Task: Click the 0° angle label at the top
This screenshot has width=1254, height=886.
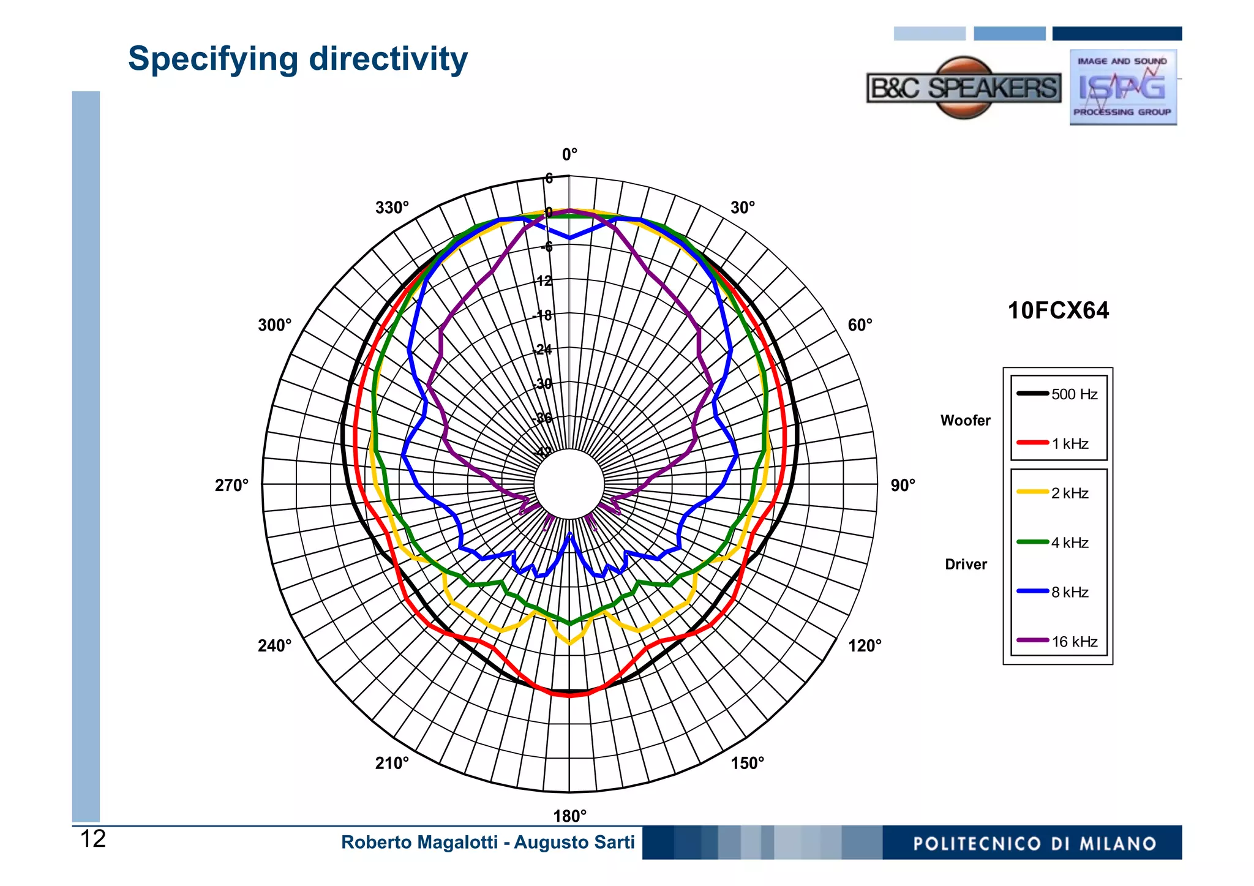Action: click(569, 154)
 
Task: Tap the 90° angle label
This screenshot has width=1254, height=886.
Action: click(903, 486)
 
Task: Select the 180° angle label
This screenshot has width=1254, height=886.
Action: click(569, 816)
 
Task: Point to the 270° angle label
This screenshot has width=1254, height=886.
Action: click(231, 486)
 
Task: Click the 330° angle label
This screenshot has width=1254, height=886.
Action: click(392, 208)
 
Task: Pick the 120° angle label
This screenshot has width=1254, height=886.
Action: click(865, 645)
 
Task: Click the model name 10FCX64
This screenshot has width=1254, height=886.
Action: click(1058, 311)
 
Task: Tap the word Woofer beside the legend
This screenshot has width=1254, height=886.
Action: click(965, 421)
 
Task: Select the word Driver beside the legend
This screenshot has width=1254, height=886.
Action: click(966, 565)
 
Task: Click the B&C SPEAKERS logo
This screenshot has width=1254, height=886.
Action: click(963, 88)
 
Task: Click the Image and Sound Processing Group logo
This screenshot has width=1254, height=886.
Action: click(1123, 87)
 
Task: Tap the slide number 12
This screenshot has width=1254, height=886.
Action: click(93, 839)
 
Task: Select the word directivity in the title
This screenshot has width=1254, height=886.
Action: click(388, 59)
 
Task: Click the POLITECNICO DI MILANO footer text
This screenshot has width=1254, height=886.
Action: click(1034, 844)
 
